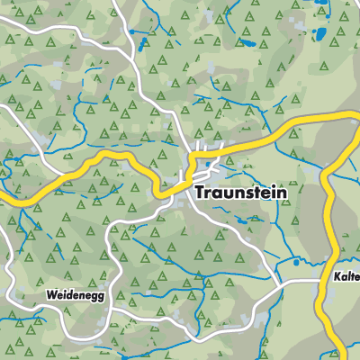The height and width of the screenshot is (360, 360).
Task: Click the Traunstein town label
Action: click(x=242, y=193)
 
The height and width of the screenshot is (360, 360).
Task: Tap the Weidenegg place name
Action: click(x=71, y=294)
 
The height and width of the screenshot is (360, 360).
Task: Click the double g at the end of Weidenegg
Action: click(x=92, y=296)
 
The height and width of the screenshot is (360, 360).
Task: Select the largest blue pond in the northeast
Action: click(x=317, y=37)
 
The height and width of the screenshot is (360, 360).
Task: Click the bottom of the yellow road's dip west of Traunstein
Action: click(x=160, y=192)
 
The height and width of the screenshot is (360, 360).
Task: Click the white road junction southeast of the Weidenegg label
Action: click(x=112, y=310)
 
